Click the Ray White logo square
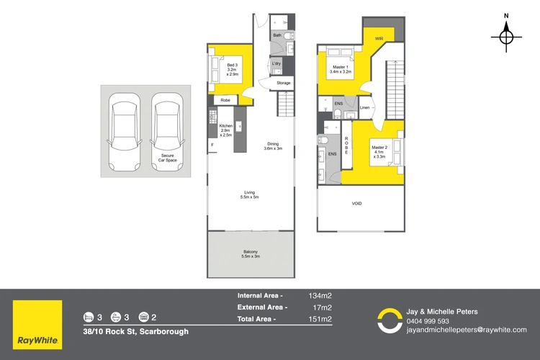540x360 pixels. pyautogui.click(x=37, y=325)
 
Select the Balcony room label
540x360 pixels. pyautogui.click(x=251, y=254)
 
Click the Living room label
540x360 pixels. pyautogui.click(x=250, y=194)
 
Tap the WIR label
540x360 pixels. pyautogui.click(x=379, y=39)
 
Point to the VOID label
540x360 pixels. pyautogui.click(x=357, y=203)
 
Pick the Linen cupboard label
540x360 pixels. pyautogui.click(x=365, y=107)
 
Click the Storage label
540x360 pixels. pyautogui.click(x=284, y=83)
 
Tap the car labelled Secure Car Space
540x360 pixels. pyautogui.click(x=167, y=132)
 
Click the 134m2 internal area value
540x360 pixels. pyautogui.click(x=320, y=296)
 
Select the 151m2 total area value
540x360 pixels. pyautogui.click(x=320, y=319)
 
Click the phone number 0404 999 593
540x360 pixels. pyautogui.click(x=428, y=321)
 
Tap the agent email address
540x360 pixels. pyautogui.click(x=467, y=330)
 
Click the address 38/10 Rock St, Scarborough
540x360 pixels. pyautogui.click(x=135, y=331)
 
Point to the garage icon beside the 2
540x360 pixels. pyautogui.click(x=143, y=317)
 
